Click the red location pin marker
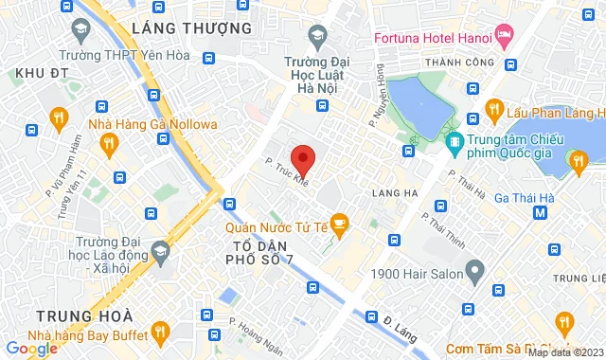click(x=302, y=157)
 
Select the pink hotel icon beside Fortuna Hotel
click(x=505, y=37)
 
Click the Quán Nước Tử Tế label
click(x=276, y=226)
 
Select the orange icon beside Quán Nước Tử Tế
click(x=340, y=224)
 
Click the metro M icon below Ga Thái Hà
click(x=540, y=213)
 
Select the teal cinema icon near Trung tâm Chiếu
click(x=454, y=143)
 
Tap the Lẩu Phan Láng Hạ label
click(x=555, y=113)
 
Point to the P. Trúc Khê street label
click(x=287, y=171)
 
